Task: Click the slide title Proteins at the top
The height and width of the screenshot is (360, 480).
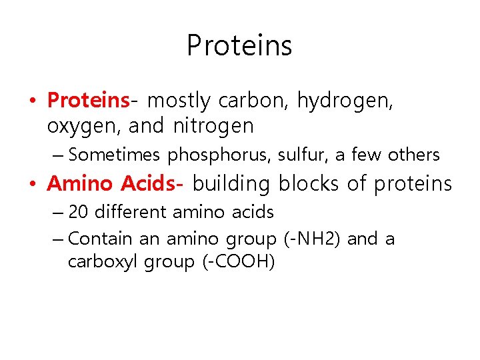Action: pos(239,45)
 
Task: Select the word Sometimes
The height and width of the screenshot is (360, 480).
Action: pos(115,155)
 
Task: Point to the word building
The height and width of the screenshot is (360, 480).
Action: pos(233,183)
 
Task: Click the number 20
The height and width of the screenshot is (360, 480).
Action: pos(79,212)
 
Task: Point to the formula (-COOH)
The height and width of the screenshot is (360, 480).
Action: pos(239,262)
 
